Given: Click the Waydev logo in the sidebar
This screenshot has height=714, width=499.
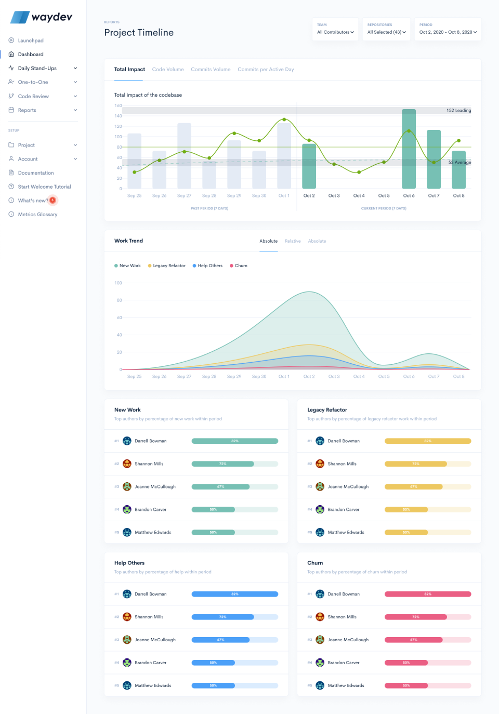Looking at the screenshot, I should [41, 17].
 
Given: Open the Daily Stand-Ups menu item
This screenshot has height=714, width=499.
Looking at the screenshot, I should [37, 68].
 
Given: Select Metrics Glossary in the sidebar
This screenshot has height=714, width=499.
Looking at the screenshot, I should [37, 214].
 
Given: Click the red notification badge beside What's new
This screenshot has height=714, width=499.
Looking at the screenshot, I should [52, 200].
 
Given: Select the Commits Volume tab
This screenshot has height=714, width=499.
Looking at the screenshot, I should [211, 69].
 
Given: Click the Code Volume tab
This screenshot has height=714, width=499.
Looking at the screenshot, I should [168, 69].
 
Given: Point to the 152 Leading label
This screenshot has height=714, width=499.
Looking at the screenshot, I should [458, 110].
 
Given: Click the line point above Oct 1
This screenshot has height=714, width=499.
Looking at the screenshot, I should [284, 120].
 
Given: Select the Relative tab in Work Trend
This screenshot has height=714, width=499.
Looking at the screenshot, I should [293, 241].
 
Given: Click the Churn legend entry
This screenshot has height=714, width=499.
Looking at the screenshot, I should [241, 266].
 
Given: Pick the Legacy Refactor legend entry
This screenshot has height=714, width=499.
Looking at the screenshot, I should [169, 266].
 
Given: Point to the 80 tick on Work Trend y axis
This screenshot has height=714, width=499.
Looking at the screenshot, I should [119, 300].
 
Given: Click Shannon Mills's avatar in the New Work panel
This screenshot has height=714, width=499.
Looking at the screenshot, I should [127, 464].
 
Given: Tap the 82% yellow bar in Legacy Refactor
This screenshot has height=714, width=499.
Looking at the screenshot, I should [427, 441].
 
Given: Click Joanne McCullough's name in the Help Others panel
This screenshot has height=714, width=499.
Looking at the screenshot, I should [155, 640].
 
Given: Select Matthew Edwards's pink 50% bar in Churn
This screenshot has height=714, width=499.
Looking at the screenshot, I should [406, 685].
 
